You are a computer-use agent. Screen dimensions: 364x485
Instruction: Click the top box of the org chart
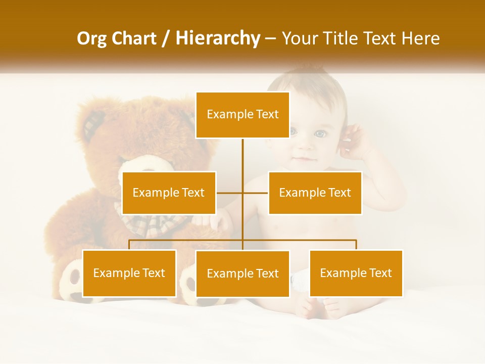pos(243,115)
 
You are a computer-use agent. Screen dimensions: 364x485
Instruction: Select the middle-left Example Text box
pos(169,193)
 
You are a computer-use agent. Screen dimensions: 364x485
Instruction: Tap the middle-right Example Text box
pos(315,193)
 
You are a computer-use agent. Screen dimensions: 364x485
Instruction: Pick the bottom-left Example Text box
pos(129,273)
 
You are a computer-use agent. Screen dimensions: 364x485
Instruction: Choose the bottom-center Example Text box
pos(243,274)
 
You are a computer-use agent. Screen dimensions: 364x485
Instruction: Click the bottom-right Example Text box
pos(356,273)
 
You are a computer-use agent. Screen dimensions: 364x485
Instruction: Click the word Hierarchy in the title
pos(218,38)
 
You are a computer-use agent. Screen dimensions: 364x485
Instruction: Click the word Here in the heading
pos(420,38)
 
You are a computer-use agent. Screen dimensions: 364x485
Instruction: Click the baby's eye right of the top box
pos(320,134)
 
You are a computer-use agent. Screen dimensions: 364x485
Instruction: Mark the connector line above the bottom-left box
pos(129,245)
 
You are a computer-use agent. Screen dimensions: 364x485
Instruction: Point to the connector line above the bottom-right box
pos(356,245)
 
